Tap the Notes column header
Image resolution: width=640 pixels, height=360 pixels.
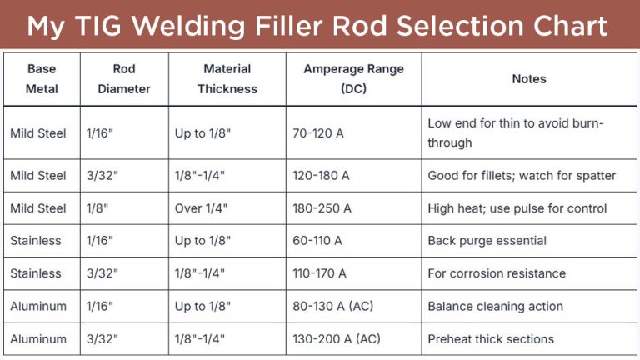(529, 78)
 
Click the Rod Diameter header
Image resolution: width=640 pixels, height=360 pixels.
(124, 78)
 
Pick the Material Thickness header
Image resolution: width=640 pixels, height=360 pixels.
(227, 78)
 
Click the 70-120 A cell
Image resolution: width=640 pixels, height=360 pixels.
(317, 132)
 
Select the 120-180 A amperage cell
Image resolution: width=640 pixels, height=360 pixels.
(321, 175)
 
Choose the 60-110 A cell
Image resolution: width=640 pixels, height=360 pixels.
(317, 240)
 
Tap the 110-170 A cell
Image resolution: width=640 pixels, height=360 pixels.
(319, 273)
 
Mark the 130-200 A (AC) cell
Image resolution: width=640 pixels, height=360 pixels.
(336, 338)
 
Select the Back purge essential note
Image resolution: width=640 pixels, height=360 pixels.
(487, 240)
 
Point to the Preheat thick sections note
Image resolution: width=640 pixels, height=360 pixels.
(491, 338)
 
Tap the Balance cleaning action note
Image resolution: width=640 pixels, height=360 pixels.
(495, 306)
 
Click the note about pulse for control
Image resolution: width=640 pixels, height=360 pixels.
(517, 207)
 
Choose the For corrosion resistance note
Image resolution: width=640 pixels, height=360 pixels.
(497, 273)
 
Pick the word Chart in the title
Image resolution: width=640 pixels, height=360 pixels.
(571, 27)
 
